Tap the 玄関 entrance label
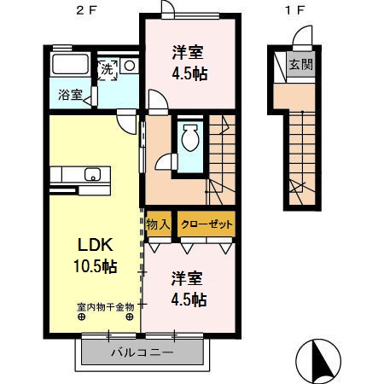[299, 65]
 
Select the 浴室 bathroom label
[70, 95]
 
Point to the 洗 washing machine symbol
[107, 69]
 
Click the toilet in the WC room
[189, 136]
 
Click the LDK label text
[86, 243]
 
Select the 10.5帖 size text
[90, 265]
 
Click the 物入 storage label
[160, 224]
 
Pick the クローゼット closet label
[205, 224]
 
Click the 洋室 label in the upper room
[185, 52]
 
